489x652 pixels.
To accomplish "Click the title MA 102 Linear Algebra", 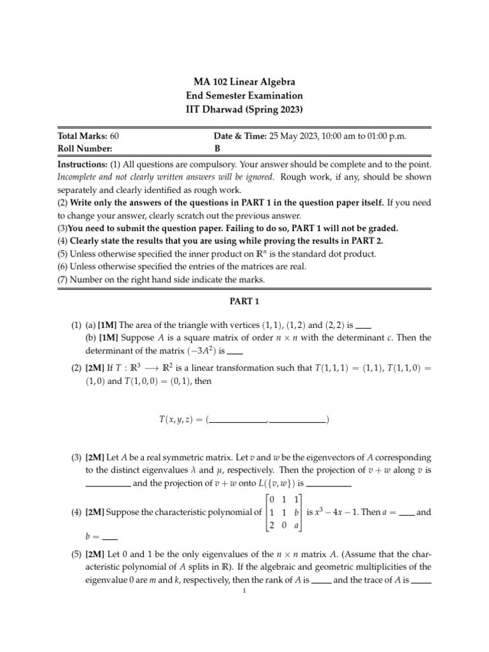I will click(244, 82).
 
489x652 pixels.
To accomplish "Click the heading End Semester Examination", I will click(244, 96).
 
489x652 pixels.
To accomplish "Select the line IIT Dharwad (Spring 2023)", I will click(244, 109).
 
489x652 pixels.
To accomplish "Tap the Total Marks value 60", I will click(114, 136).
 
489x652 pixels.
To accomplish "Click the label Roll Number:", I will click(85, 148).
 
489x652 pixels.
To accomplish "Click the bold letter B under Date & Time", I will click(216, 148).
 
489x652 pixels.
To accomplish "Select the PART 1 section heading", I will click(244, 301).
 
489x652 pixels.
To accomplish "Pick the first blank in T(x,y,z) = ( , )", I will click(239, 420).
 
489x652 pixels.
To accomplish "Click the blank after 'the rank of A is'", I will click(322, 580).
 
